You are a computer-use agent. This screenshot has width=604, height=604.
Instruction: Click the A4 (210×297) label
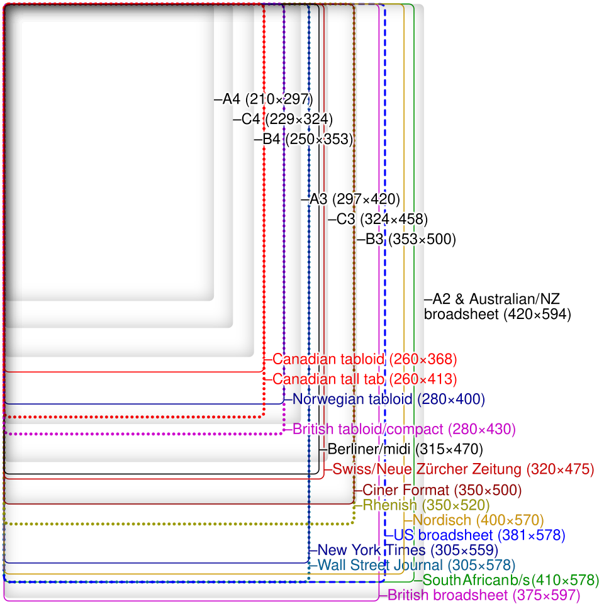click(x=268, y=99)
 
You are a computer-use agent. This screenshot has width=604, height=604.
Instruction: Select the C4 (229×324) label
click(x=288, y=119)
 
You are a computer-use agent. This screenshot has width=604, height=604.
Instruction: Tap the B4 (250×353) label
click(x=308, y=139)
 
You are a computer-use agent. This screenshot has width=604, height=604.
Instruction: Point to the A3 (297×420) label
click(x=355, y=199)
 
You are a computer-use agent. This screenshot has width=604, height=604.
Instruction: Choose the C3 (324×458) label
click(x=382, y=219)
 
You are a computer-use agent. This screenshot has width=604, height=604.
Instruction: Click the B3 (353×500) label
click(x=411, y=239)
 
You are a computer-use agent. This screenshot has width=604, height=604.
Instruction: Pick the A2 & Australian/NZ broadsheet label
click(x=497, y=306)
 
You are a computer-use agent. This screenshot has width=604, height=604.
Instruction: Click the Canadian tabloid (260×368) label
click(x=365, y=359)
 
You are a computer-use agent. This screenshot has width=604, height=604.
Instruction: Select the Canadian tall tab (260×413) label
click(x=365, y=379)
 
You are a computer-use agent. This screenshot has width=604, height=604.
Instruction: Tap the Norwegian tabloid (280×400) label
click(x=389, y=399)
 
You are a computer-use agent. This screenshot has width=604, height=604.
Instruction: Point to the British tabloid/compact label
click(x=404, y=429)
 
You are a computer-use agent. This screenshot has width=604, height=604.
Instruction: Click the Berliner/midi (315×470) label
click(x=405, y=449)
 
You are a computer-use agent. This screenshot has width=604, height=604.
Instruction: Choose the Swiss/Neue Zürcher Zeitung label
click(x=464, y=469)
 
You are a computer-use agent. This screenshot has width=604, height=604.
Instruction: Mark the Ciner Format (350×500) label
click(x=442, y=490)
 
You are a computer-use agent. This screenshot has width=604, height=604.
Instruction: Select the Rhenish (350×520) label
click(x=426, y=505)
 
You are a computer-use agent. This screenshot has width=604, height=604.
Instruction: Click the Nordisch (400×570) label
click(x=478, y=520)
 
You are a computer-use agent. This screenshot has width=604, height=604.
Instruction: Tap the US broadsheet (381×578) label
click(x=479, y=535)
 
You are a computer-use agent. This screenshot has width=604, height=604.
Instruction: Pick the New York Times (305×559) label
click(x=408, y=550)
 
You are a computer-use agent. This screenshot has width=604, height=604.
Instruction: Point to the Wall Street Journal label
click(x=417, y=565)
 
